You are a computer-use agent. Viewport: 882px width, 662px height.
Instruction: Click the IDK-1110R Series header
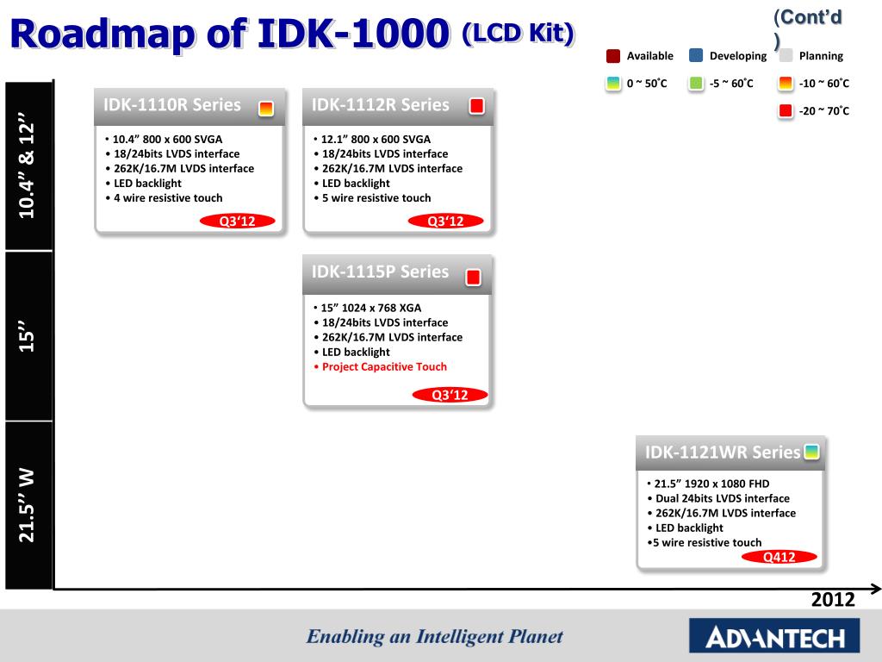click(x=172, y=105)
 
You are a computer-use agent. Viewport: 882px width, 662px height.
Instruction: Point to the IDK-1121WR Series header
click(x=722, y=453)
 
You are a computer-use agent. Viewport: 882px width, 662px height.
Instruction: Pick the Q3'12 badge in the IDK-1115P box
click(x=448, y=395)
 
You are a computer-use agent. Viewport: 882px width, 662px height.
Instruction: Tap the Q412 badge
click(x=780, y=557)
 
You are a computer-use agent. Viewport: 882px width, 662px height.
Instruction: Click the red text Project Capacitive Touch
click(x=384, y=366)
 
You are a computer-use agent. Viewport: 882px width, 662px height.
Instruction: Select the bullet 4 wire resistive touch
click(x=168, y=197)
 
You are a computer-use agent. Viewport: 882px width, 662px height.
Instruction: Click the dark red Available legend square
click(x=613, y=56)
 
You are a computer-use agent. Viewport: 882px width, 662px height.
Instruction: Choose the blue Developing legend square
click(x=696, y=56)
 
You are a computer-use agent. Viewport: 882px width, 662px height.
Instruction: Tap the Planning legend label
click(x=821, y=56)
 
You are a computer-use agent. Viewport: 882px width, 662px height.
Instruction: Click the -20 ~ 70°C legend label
click(x=823, y=110)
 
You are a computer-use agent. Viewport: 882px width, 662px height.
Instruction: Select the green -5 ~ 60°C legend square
click(x=696, y=84)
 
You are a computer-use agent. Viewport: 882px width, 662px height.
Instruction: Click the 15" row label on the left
click(x=29, y=337)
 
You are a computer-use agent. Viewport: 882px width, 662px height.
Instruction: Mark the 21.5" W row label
click(x=29, y=505)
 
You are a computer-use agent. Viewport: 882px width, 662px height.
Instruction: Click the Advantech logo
click(x=774, y=638)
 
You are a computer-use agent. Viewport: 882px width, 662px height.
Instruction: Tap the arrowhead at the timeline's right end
click(x=876, y=590)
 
